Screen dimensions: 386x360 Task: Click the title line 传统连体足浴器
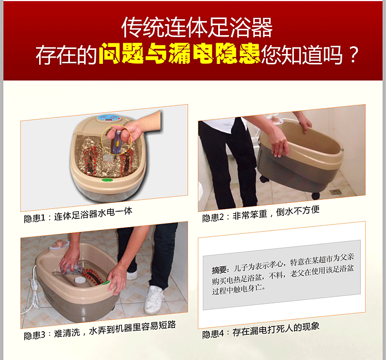[197, 27]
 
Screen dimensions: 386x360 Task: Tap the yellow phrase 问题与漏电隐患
[180, 54]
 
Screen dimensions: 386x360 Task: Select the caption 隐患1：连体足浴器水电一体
[78, 215]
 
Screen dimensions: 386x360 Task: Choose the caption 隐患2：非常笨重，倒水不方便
[261, 214]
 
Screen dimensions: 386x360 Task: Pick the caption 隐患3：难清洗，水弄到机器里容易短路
[100, 330]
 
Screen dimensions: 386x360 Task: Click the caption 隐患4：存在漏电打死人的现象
[261, 331]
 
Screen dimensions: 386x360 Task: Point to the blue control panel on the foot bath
[109, 118]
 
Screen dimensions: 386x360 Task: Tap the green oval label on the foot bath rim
[108, 180]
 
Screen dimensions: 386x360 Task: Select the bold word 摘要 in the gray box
[219, 270]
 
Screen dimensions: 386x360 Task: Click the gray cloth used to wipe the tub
[74, 268]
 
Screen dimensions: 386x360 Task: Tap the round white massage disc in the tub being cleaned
[79, 281]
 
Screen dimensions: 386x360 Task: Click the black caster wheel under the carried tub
[316, 196]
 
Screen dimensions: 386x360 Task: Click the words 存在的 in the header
[66, 55]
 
